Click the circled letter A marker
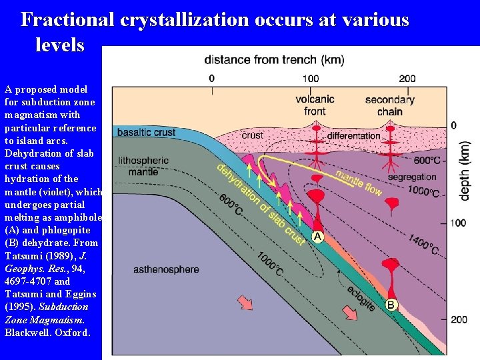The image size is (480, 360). coord(318,237)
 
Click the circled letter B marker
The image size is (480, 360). coord(391,305)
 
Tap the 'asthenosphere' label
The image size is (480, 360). coord(166,269)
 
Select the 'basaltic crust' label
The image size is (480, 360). coord(146,132)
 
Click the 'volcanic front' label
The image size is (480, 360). coord(315,105)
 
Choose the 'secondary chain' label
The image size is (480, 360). coord(389,105)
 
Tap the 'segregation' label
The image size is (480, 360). coord(411,177)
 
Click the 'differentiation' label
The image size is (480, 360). coord(353,135)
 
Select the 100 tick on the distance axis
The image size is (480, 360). coord(310,79)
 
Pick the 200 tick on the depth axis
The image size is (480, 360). coord(458,319)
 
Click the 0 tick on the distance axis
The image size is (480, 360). coord(212,79)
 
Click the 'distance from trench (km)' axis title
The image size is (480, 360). coord(274,60)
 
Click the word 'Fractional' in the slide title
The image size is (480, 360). coord(68,19)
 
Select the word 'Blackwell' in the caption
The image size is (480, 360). coord(25,333)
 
